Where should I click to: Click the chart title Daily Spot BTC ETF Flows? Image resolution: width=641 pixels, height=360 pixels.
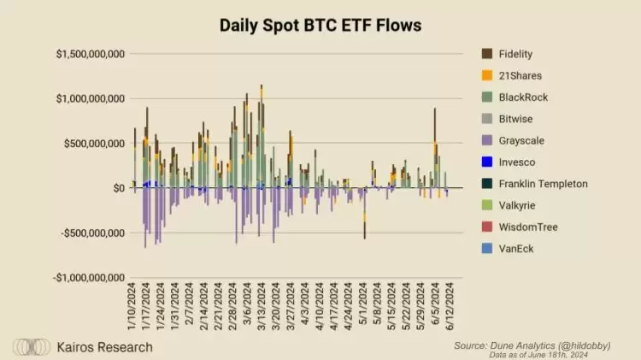pos(320,26)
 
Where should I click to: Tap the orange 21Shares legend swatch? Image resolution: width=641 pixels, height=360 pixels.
pos(486,76)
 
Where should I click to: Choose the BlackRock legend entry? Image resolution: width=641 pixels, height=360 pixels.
pos(523,97)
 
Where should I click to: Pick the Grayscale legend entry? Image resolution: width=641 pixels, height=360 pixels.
pos(523,140)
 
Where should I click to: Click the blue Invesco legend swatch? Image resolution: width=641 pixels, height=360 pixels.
pos(486,162)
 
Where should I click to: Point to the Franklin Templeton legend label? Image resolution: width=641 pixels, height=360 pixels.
pos(543,184)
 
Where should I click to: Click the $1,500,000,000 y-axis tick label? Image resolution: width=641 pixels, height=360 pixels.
pos(91,54)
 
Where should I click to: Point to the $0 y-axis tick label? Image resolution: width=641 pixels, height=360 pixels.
pos(118,188)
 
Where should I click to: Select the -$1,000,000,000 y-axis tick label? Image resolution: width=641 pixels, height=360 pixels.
pos(89,277)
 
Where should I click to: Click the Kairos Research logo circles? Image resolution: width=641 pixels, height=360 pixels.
pos(30,347)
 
